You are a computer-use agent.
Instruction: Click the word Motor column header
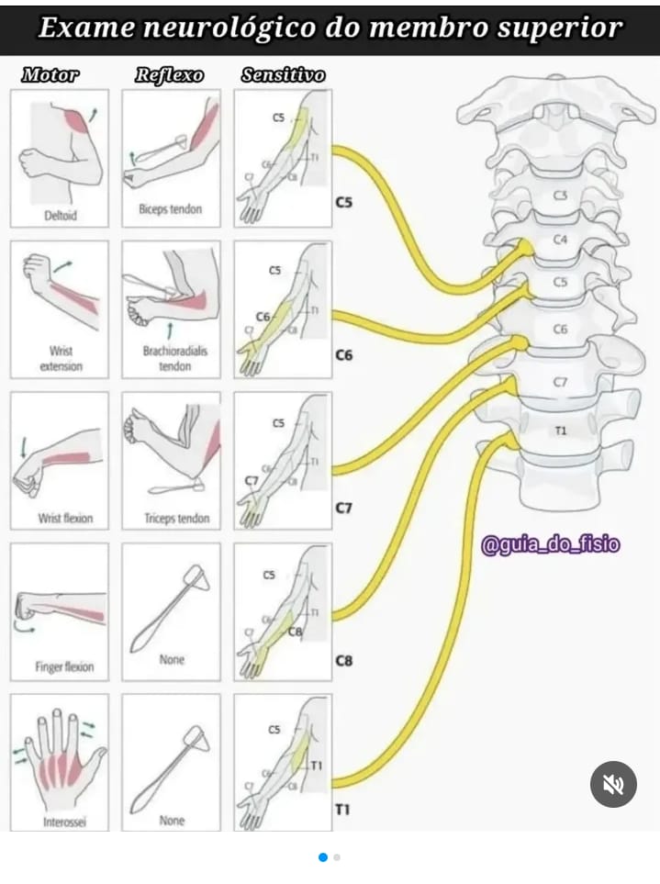coord(50,75)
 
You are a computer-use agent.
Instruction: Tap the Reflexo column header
coord(169,75)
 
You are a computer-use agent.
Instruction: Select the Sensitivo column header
coord(283,75)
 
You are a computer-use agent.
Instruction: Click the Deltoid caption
coord(60,217)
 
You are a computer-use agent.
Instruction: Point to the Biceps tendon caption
coord(171,209)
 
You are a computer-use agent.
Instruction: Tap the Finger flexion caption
coord(64,667)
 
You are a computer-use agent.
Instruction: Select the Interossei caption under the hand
coord(64,822)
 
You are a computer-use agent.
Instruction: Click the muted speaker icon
coord(613,784)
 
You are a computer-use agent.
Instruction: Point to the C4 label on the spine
coord(561,241)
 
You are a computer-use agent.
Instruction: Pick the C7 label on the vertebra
coord(561,382)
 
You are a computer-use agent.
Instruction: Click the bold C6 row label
coord(344,355)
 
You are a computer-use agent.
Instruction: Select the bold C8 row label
coord(344,660)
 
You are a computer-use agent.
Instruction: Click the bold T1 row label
coord(343,811)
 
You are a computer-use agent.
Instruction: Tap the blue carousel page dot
coord(323,857)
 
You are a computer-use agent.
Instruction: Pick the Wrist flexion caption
coord(65,519)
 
